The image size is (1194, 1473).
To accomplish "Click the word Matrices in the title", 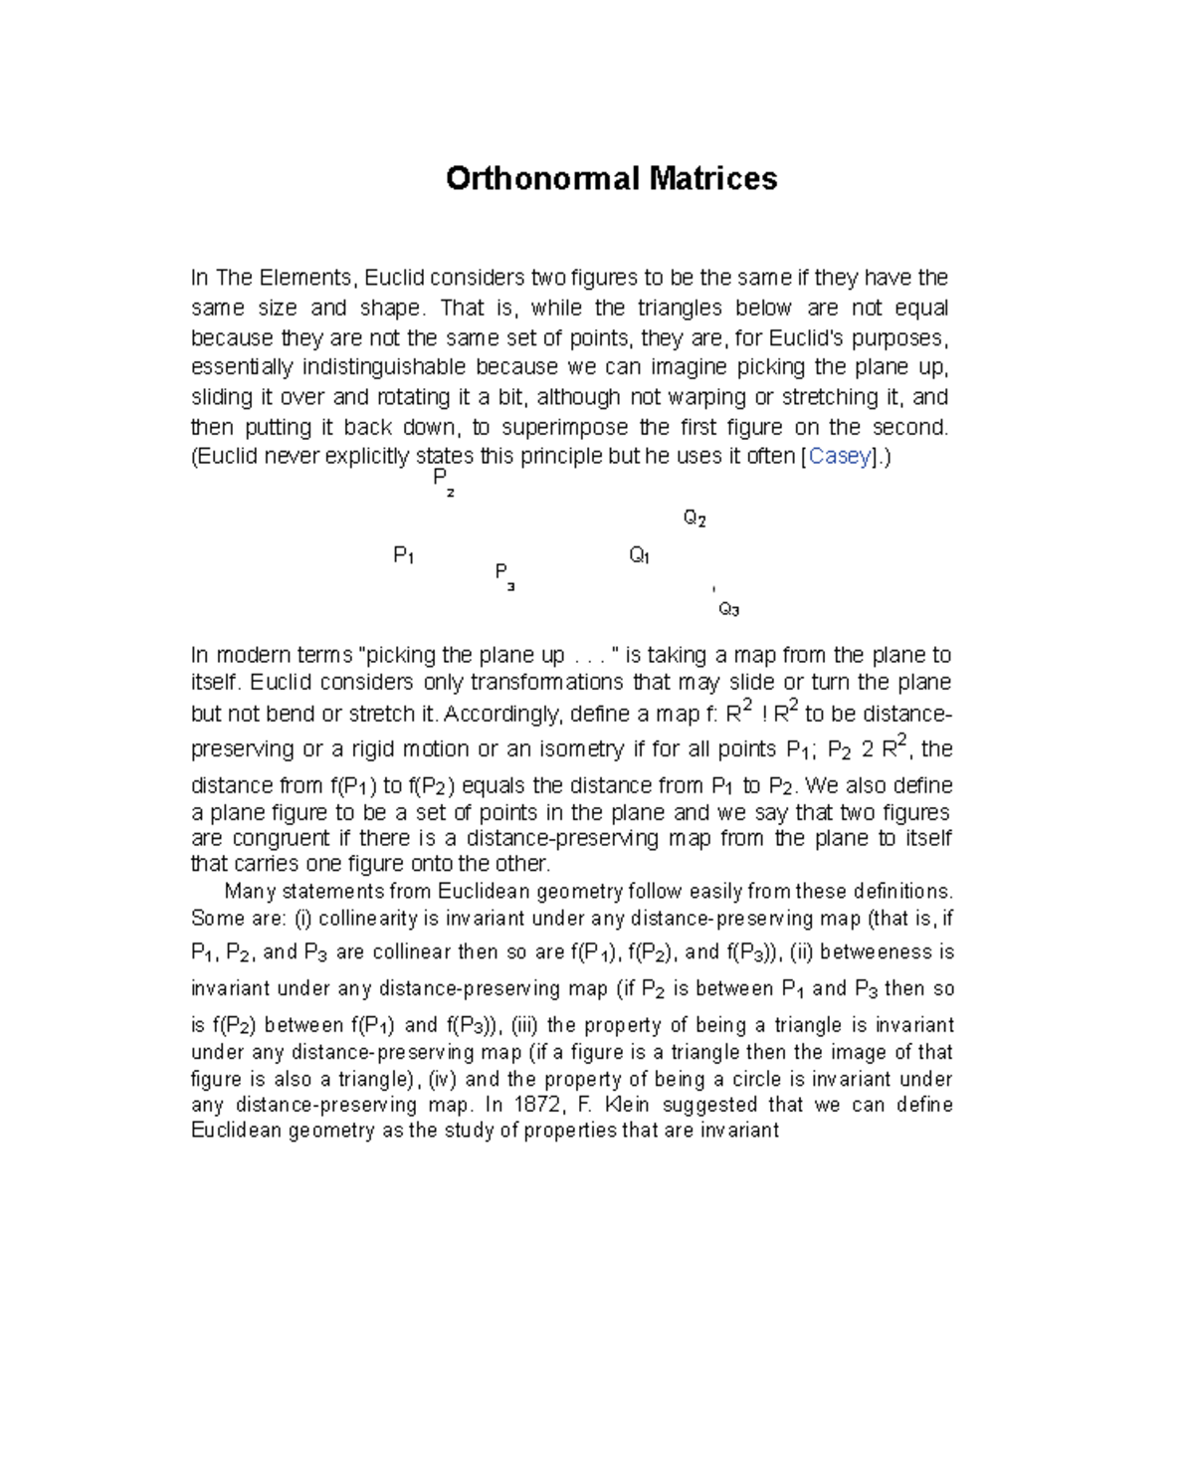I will coord(713,178).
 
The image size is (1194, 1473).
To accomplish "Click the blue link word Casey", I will coord(840,456).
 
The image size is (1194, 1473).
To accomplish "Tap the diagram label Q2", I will coord(695,518).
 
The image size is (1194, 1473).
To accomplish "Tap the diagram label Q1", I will coord(639,555).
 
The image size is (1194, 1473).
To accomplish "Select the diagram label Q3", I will coord(728,609).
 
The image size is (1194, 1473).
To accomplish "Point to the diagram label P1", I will coord(403,555).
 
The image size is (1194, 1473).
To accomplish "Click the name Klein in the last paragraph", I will coord(627,1105).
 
